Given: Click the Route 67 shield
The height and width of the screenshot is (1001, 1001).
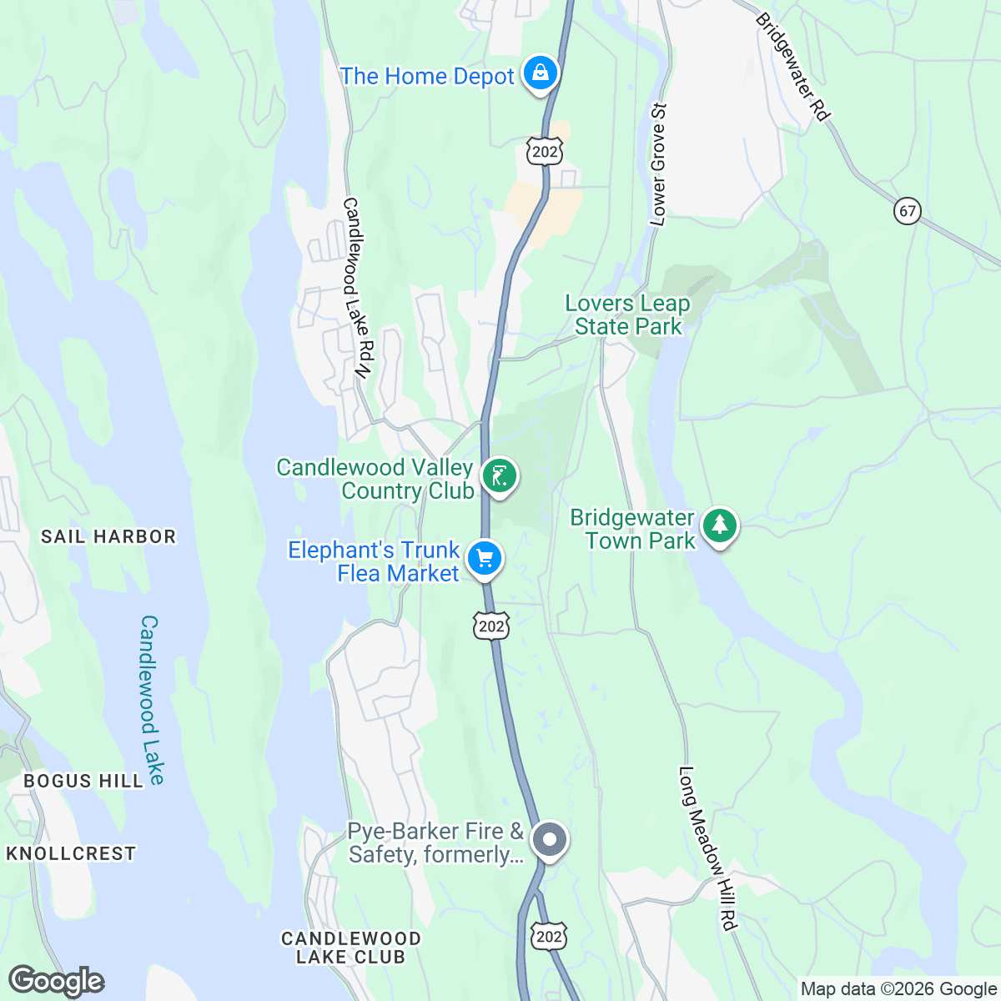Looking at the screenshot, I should (908, 211).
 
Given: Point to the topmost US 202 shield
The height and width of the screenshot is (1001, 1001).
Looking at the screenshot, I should (544, 151).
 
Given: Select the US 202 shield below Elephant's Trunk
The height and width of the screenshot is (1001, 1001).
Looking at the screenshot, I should (491, 626).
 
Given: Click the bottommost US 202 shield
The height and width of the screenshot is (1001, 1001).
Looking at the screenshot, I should (548, 936).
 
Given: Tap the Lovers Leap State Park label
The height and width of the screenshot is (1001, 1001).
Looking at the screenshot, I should (627, 315).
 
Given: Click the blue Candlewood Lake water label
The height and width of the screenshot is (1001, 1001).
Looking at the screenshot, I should (150, 701).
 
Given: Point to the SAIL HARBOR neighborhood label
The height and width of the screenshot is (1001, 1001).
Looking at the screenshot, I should (108, 536).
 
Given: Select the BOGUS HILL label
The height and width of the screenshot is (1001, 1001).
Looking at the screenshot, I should (83, 781).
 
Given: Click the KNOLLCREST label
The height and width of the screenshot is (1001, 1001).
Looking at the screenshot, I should (71, 853).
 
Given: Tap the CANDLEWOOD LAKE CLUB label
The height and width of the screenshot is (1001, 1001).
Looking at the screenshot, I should (350, 948).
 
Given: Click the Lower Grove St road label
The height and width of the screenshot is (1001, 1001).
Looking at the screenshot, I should (659, 164).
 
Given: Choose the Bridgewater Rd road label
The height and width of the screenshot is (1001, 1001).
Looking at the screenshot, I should (793, 67).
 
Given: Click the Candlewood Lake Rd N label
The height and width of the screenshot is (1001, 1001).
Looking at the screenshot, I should (356, 289).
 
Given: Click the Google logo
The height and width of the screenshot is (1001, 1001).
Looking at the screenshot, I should (56, 981).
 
